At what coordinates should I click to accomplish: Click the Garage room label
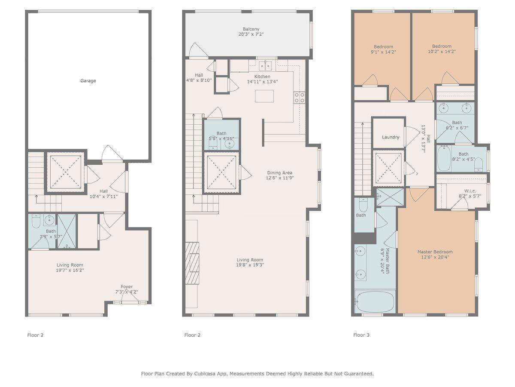pos(88,80)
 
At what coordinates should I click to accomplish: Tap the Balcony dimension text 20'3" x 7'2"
pos(251,34)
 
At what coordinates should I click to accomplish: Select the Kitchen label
pos(262,77)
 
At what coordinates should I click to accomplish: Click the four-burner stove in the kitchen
pos(300,98)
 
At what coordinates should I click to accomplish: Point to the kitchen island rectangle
pos(264,96)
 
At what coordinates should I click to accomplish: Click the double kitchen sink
pos(265,65)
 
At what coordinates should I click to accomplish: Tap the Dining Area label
pos(280,173)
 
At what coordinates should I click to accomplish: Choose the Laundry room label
pos(391,137)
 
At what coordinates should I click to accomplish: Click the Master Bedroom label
pos(435,252)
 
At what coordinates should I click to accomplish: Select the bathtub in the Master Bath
pos(375,301)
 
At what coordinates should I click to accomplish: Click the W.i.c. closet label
pos(470,191)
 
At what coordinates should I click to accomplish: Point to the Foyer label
pos(127,286)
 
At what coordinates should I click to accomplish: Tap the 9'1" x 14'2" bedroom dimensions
pos(383,52)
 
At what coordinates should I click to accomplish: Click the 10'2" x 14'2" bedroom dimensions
pos(442,52)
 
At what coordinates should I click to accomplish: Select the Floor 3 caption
pos(361,335)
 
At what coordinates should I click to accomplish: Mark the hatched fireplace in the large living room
pos(192,263)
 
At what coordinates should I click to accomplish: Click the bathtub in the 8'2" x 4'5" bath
pos(444,159)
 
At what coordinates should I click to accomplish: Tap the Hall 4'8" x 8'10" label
pos(199,77)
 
